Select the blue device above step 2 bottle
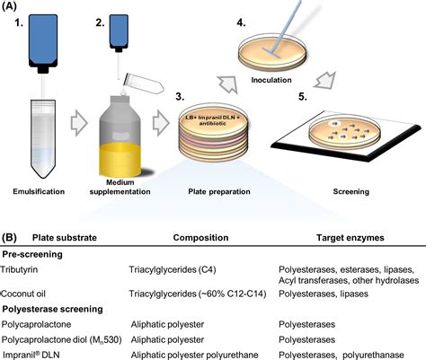120,34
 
